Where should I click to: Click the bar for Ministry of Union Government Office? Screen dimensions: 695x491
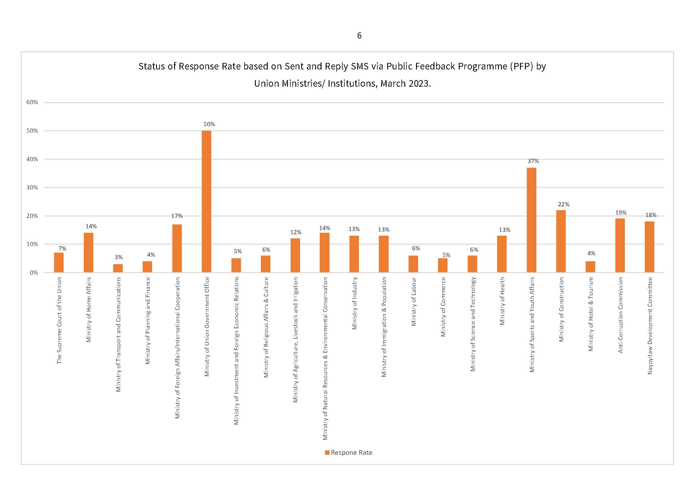pos(207,201)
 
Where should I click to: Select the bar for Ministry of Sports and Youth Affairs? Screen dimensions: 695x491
pos(531,220)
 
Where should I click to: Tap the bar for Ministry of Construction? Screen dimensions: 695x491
pos(561,241)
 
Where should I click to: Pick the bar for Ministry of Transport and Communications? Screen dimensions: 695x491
pos(118,268)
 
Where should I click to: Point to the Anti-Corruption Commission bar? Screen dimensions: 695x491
pos(620,246)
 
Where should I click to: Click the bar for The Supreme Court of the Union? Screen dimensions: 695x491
pos(59,262)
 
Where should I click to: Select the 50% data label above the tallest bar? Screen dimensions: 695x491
pos(209,124)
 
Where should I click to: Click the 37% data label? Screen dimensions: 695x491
pos(533,161)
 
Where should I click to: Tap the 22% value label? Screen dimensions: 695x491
pos(564,204)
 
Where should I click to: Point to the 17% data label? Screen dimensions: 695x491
pos(177,216)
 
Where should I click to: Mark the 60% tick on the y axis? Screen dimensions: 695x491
pos(32,102)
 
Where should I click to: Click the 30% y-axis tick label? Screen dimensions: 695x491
pos(32,187)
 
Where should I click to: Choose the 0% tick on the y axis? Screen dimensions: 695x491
pos(34,273)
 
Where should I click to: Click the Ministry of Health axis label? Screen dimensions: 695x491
pos(502,301)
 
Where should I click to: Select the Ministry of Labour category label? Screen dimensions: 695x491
pos(414,301)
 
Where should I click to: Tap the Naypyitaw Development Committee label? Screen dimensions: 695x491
pos(650,326)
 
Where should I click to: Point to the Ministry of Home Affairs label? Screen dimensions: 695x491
pos(88,310)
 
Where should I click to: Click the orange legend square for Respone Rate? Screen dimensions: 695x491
pos(327,453)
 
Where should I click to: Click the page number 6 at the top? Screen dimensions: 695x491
pos(359,36)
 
